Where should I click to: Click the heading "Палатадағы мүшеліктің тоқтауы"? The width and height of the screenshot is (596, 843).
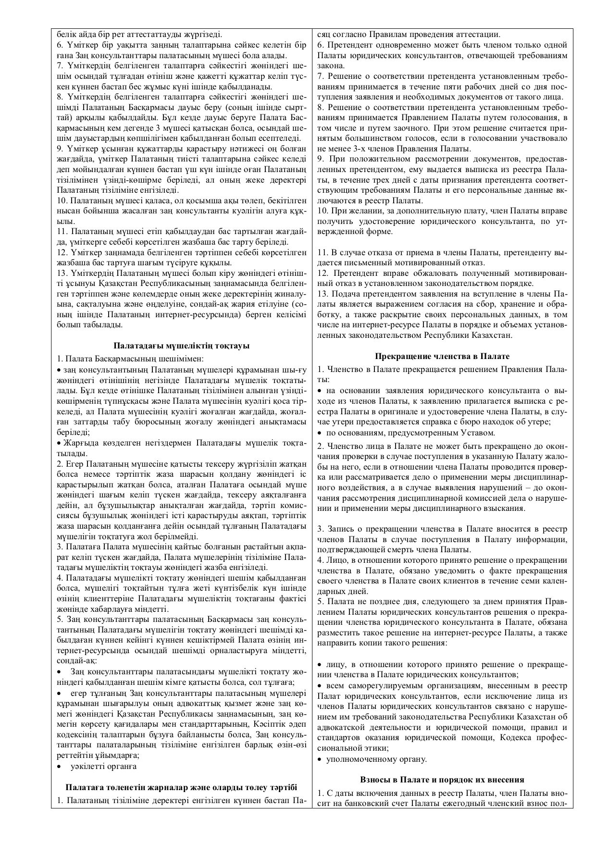click(181, 346)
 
